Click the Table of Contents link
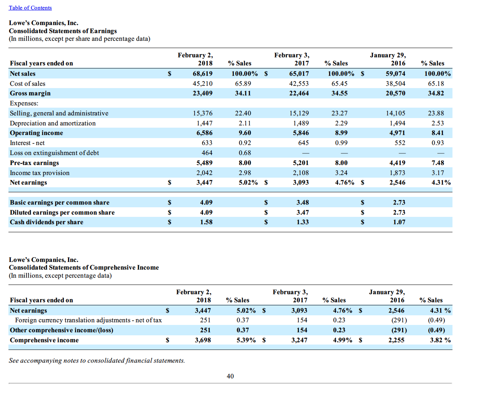[30, 8]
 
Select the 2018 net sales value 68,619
[202, 73]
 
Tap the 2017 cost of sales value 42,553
[299, 83]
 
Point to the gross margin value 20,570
[395, 93]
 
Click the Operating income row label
[37, 133]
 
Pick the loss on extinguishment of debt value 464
[207, 153]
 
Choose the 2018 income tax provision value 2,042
[204, 173]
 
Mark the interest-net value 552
[400, 143]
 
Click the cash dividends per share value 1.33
[303, 222]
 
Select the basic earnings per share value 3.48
[303, 202]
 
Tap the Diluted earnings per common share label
[62, 212]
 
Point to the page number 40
[230, 376]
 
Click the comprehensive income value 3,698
[203, 340]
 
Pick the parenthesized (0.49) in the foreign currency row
[436, 320]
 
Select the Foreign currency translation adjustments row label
[88, 320]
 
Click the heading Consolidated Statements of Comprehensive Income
[84, 267]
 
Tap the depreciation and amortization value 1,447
[204, 123]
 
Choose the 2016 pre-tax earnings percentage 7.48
[437, 163]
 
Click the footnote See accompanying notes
[97, 360]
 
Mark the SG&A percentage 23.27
[339, 113]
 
